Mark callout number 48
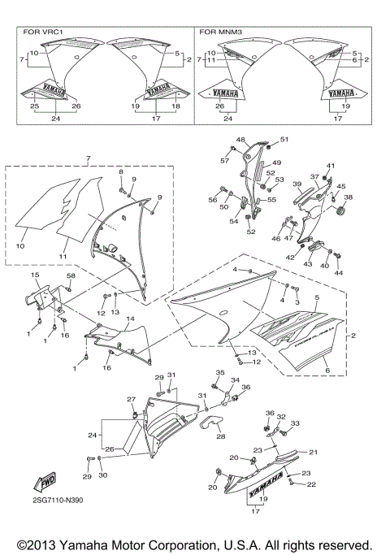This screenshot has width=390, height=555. coord(240,140)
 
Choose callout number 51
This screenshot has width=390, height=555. coord(284,139)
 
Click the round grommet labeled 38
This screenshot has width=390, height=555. coord(340,213)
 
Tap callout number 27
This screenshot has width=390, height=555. coord(130,399)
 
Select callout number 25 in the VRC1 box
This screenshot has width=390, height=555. coord(34,106)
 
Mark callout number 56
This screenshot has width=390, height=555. coord(212,199)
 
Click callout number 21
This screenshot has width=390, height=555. coord(312,452)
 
